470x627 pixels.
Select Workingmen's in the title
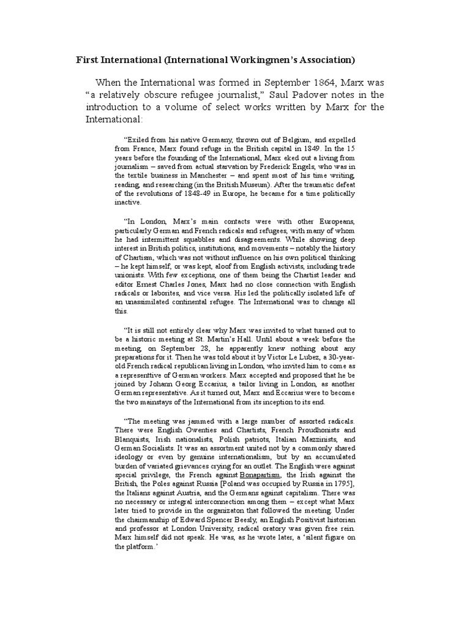coord(268,61)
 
